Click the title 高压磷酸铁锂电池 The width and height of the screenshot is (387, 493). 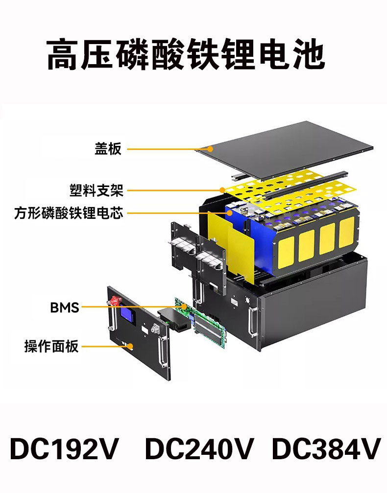[x=186, y=54]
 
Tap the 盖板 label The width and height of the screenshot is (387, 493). [x=108, y=148]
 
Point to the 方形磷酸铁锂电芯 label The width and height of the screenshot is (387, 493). [x=68, y=213]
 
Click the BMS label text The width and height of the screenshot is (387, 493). [x=64, y=307]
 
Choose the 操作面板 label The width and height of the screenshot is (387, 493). [x=51, y=346]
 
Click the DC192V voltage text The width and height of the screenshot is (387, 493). [x=64, y=449]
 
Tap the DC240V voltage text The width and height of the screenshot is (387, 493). [x=200, y=449]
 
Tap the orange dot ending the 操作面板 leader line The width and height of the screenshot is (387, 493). [x=130, y=346]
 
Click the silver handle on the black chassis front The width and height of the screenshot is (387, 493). [x=253, y=323]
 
